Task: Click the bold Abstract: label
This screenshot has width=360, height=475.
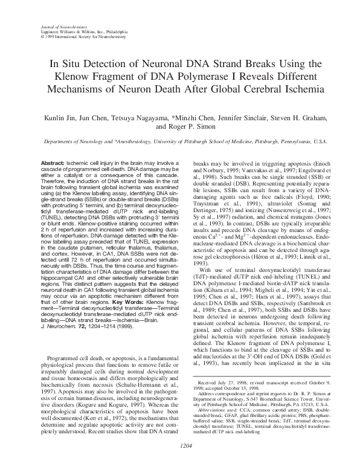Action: tap(53, 164)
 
